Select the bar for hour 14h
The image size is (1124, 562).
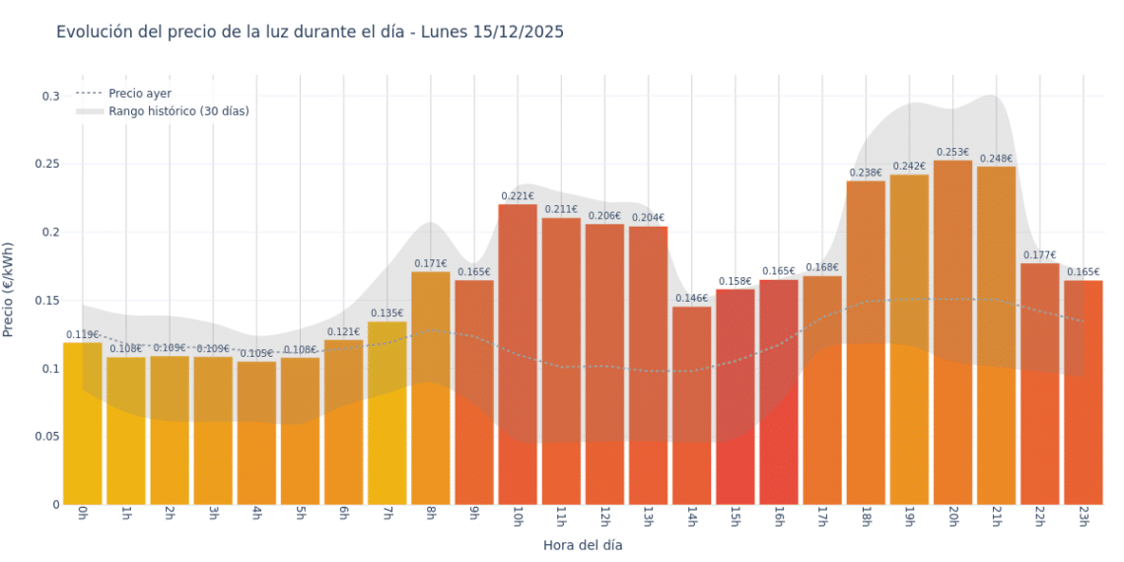[691, 405]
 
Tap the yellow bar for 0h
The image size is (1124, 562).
[83, 423]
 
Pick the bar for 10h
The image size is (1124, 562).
[518, 354]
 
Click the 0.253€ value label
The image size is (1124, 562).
[952, 153]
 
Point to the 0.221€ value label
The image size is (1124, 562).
[518, 196]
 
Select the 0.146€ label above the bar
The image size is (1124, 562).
[691, 299]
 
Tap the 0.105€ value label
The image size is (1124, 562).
[256, 354]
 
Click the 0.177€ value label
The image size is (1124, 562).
[1039, 255]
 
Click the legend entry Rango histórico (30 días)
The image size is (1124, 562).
[178, 111]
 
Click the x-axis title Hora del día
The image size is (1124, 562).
[583, 545]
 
